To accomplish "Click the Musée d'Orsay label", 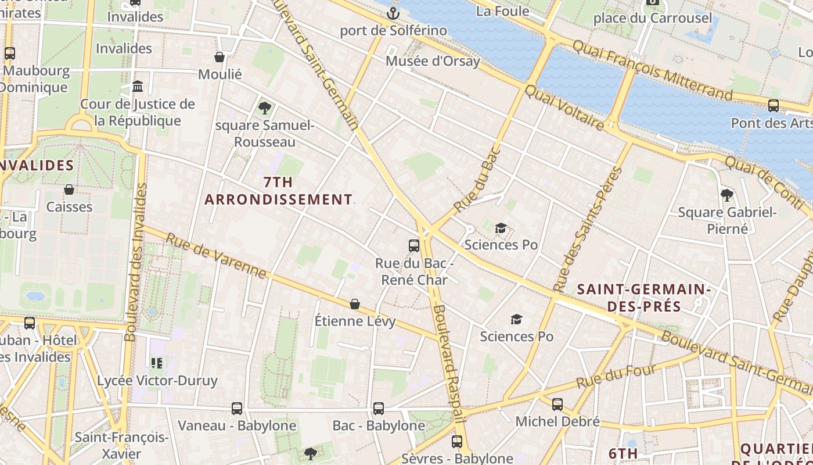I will [433, 61].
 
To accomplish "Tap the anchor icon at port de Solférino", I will [394, 12].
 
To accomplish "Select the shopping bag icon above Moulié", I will [220, 57].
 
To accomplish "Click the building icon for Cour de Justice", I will [138, 87].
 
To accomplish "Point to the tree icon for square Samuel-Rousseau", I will [265, 108].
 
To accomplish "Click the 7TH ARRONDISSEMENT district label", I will [278, 191].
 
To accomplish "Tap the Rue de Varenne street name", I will [216, 256].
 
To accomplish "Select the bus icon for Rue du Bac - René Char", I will [414, 246].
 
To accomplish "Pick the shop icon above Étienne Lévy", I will [355, 304].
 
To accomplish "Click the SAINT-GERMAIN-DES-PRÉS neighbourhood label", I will [644, 297].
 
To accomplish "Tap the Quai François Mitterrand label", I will [653, 69].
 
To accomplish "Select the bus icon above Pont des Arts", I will [774, 106].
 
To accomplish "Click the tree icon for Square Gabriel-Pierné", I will [726, 195].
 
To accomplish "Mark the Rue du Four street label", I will [616, 376].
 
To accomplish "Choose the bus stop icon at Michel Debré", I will [557, 404].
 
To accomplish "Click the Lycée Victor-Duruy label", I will [157, 381].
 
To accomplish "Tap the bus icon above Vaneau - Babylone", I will [237, 409].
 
